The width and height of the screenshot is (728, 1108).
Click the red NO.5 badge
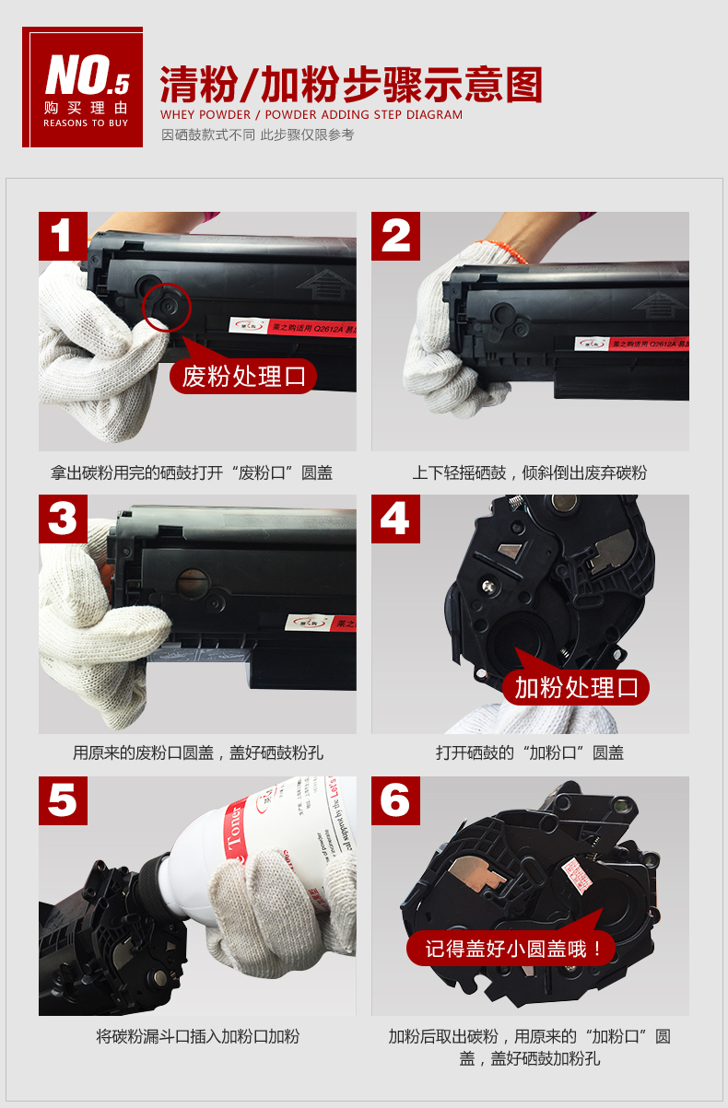[83, 87]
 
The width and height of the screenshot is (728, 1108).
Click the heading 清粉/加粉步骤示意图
[351, 85]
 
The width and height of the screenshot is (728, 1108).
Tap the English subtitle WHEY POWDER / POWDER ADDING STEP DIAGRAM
[311, 115]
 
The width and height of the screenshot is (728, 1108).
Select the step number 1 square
[63, 236]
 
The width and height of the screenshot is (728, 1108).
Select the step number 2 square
[395, 236]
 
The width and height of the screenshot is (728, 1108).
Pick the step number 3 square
[63, 519]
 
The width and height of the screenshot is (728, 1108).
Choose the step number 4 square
[395, 519]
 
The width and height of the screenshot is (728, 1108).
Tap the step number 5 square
[63, 800]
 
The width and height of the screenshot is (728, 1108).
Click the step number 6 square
[395, 800]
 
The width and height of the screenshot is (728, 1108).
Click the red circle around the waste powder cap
[167, 307]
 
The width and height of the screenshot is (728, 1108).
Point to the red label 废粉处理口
[243, 377]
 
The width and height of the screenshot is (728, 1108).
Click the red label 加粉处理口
[576, 687]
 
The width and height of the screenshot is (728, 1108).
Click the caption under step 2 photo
[530, 472]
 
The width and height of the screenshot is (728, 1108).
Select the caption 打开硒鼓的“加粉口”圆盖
[530, 752]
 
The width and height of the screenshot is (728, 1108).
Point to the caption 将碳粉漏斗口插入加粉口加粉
[197, 1036]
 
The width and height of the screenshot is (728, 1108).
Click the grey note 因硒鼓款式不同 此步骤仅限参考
[257, 135]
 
